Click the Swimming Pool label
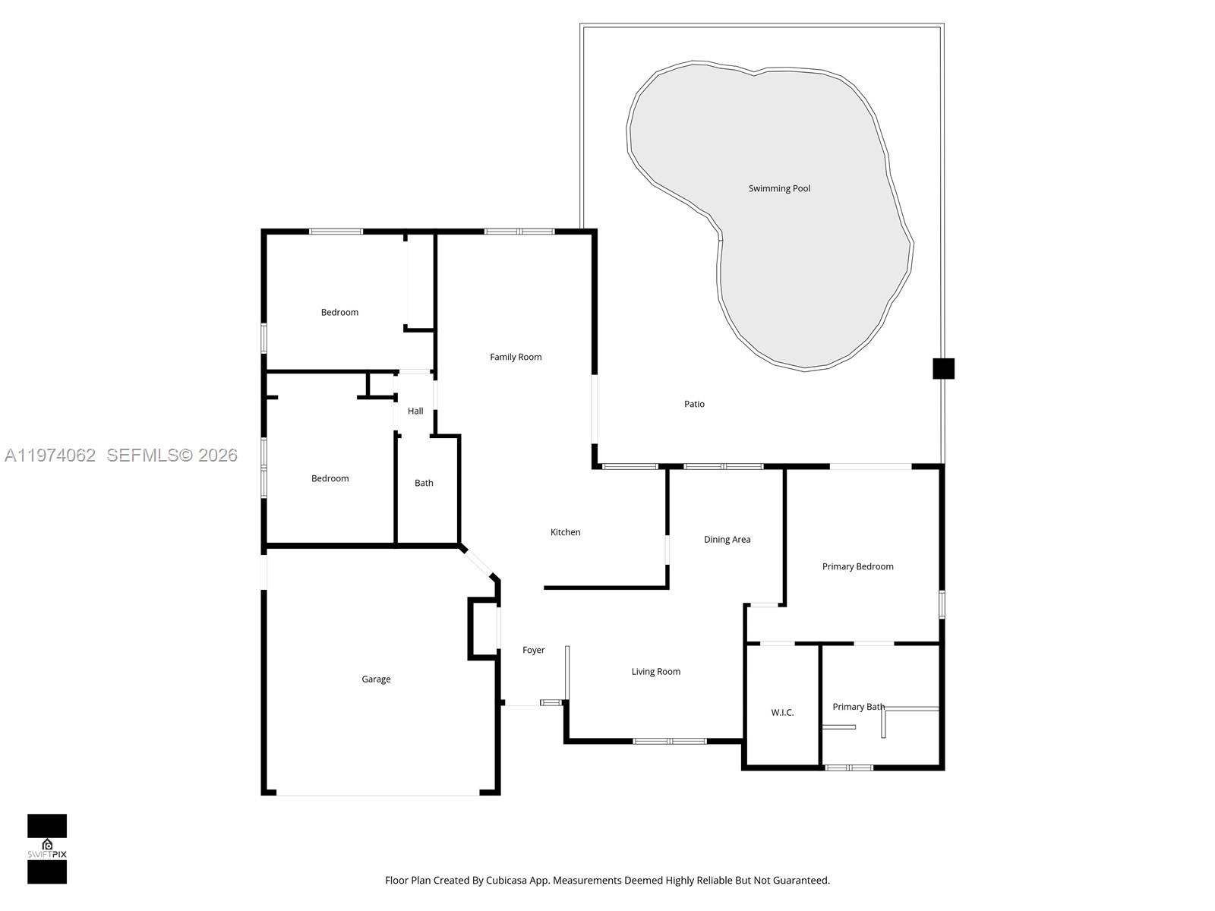[779, 188]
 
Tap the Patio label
[694, 404]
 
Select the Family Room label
[516, 357]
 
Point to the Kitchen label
[565, 532]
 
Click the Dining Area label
[727, 540]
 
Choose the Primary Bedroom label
[857, 566]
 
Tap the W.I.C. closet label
[782, 712]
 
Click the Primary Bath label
[858, 707]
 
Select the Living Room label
[655, 671]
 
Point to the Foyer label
[533, 650]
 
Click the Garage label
[376, 679]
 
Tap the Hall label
[415, 411]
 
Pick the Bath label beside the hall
[424, 483]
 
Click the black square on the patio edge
[943, 368]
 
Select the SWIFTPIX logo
[47, 849]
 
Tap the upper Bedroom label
[339, 312]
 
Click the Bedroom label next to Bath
[330, 478]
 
